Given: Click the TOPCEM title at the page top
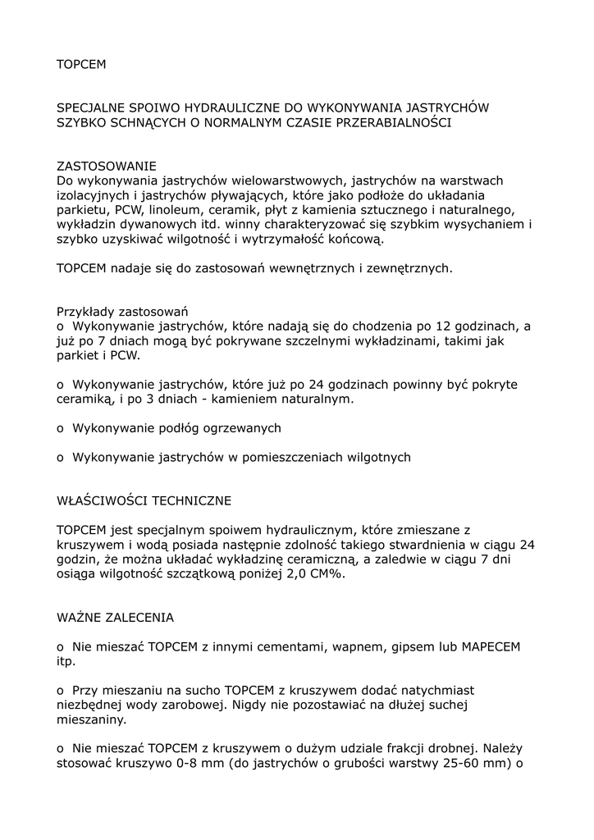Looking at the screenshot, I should coord(81,64).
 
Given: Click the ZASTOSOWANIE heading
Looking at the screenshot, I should coord(106,167).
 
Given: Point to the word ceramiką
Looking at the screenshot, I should coord(83,399).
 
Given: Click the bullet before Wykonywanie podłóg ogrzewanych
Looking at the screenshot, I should coord(60,428).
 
